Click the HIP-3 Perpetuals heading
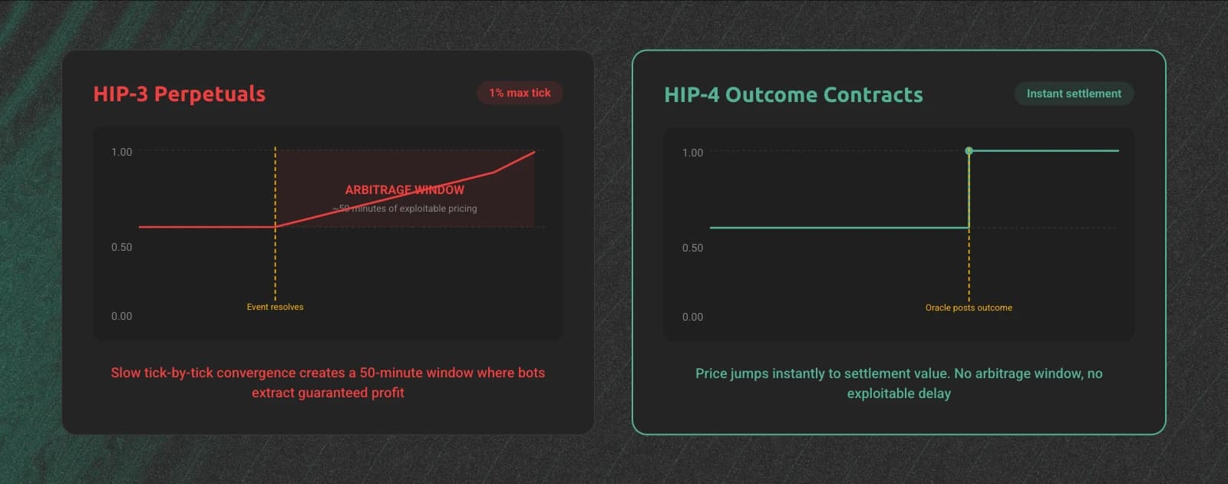tap(180, 94)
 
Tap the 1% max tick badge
tap(520, 93)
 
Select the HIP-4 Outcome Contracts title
tap(794, 94)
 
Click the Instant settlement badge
tap(1074, 94)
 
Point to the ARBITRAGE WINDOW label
tap(404, 189)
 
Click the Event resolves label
tap(275, 307)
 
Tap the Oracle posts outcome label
tap(969, 308)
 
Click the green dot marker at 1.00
tap(969, 151)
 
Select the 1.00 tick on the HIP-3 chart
tap(122, 152)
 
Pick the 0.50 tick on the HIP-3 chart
tap(122, 247)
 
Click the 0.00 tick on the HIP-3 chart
tap(122, 316)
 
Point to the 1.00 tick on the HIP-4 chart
tap(692, 153)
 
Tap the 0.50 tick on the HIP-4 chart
tap(692, 248)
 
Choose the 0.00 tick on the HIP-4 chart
tap(692, 317)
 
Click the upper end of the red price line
tap(534, 152)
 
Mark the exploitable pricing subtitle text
tap(404, 209)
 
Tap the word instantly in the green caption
tap(798, 374)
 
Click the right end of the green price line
tap(1118, 151)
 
